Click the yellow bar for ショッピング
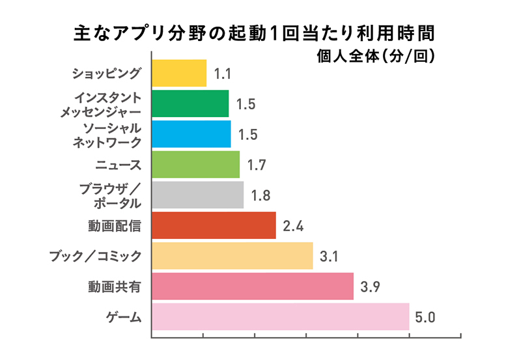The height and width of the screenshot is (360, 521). click(x=179, y=73)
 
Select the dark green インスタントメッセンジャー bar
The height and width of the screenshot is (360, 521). click(x=190, y=104)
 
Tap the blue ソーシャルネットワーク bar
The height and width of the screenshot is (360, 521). click(x=191, y=134)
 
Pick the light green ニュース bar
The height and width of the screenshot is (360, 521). click(x=195, y=165)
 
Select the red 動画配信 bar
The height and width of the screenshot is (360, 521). click(x=214, y=225)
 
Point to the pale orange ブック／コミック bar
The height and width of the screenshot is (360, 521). click(x=232, y=256)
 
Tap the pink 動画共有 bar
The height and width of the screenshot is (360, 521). click(x=252, y=286)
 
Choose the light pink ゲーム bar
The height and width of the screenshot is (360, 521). click(x=280, y=317)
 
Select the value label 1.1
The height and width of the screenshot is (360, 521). click(x=223, y=74)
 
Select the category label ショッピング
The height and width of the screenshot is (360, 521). click(x=106, y=73)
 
